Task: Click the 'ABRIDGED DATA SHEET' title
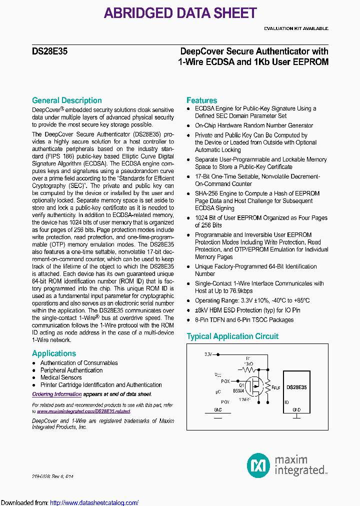click(x=180, y=13)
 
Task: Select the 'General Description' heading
click(x=66, y=100)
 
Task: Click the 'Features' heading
click(x=201, y=100)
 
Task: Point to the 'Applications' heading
click(x=54, y=353)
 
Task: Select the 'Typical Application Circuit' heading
click(x=232, y=336)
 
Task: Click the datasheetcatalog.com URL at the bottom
click(x=94, y=502)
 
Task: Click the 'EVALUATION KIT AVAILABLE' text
click(x=296, y=28)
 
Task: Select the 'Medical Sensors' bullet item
click(x=61, y=377)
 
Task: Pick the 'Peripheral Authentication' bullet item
click(x=71, y=370)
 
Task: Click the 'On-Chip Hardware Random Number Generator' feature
click(x=254, y=125)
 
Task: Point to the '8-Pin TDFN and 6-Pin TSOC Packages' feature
click(x=244, y=320)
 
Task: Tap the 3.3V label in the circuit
click(x=208, y=354)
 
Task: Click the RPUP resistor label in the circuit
click(x=275, y=387)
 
